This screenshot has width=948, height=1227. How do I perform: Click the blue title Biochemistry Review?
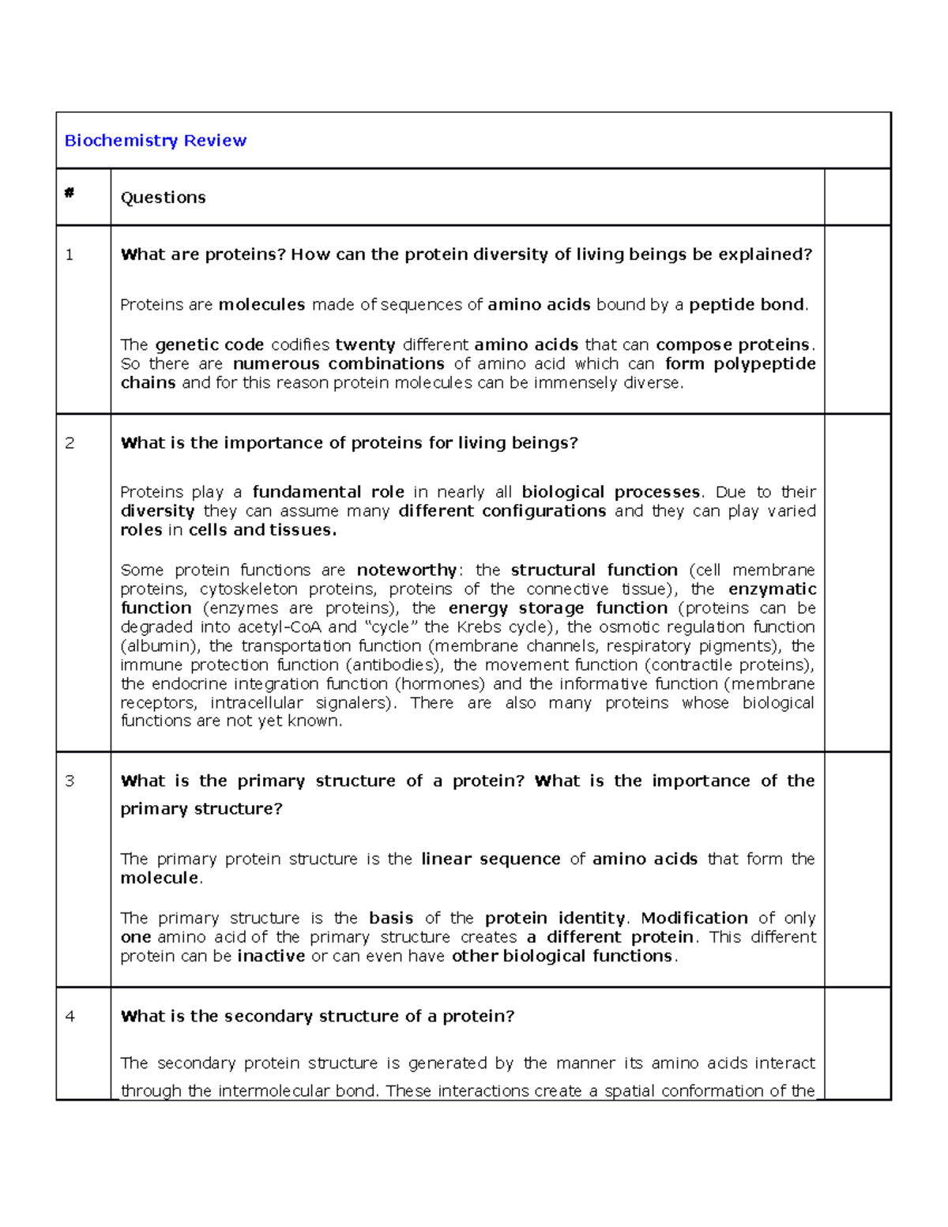click(x=155, y=141)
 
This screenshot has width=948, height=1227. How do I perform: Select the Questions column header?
click(x=163, y=198)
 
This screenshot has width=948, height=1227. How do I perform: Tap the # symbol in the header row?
click(x=70, y=193)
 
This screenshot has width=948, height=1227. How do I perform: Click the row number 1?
click(x=70, y=254)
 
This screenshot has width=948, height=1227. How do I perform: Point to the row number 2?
click(x=70, y=443)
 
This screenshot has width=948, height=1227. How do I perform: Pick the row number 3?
click(x=70, y=781)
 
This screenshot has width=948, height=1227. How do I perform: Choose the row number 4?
click(x=70, y=1017)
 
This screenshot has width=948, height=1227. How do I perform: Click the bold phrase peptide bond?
click(x=747, y=305)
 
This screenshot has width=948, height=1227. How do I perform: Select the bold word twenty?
click(x=365, y=345)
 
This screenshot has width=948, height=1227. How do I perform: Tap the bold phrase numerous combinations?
click(x=339, y=364)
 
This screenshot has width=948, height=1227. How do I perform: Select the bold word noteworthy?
click(x=406, y=570)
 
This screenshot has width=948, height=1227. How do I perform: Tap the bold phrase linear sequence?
click(x=491, y=860)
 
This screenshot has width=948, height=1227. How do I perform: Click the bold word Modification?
click(x=694, y=918)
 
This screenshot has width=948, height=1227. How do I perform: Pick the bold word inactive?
click(x=271, y=956)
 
